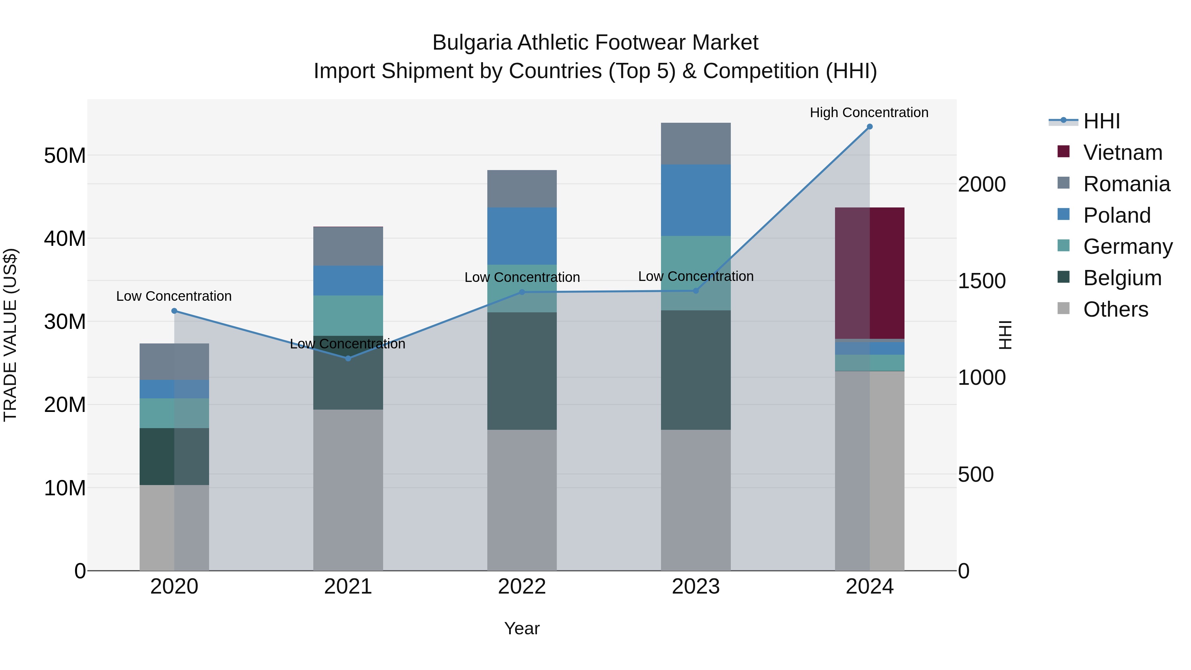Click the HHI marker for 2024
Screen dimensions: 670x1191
point(869,127)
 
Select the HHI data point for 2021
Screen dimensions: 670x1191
point(348,358)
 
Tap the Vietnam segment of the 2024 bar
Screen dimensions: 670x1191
point(869,273)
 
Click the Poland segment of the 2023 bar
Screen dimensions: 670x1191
point(695,200)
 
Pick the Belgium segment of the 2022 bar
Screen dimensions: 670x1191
point(521,371)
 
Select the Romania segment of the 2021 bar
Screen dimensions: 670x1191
point(348,246)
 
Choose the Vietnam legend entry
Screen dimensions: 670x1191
point(1122,153)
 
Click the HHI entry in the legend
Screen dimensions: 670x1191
point(1101,121)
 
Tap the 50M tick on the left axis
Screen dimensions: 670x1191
point(65,156)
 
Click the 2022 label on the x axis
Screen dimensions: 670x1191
point(521,587)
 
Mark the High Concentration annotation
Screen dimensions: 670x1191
point(869,112)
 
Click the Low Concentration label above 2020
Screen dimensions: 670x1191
point(174,296)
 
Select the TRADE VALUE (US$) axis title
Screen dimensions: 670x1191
point(10,335)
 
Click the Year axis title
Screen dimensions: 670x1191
point(521,628)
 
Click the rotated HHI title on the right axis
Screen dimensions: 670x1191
point(1005,335)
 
